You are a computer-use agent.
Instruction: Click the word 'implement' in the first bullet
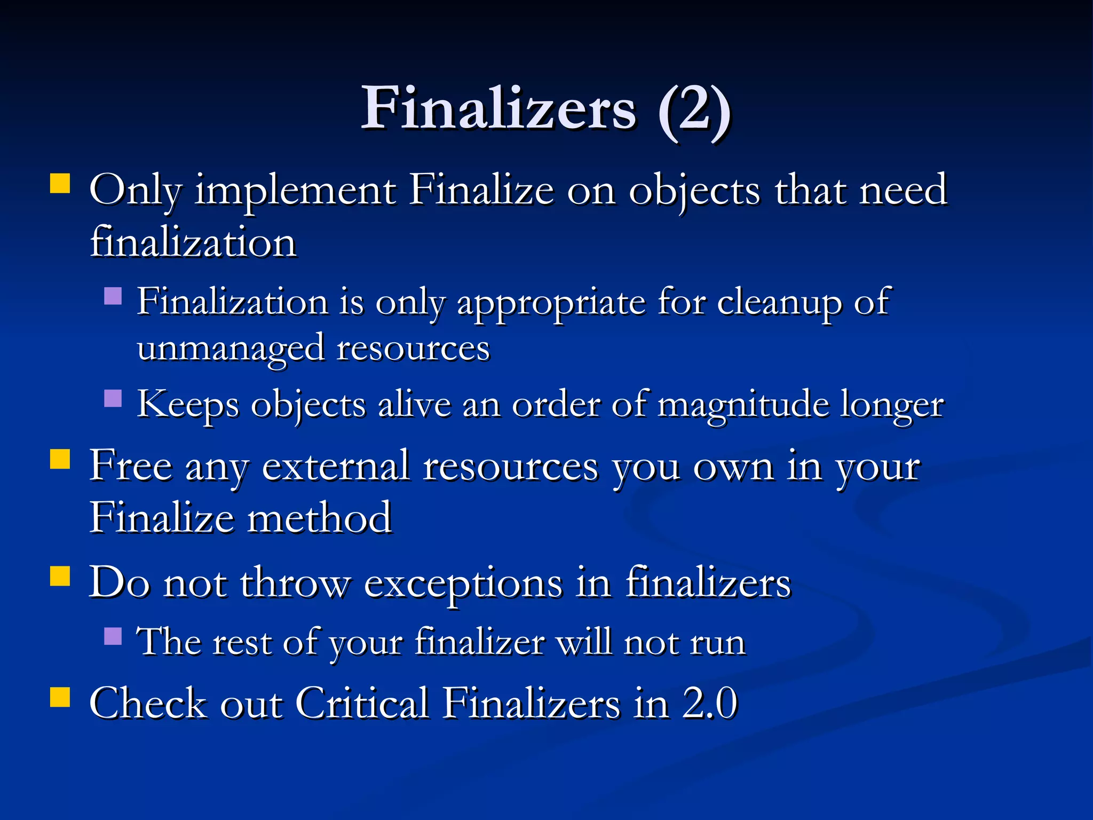295,191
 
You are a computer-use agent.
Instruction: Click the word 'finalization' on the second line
193,242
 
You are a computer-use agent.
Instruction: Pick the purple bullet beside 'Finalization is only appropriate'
113,295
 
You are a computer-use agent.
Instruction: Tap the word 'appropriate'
551,303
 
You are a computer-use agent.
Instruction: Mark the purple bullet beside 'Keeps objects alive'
113,398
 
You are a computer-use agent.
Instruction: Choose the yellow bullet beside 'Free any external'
60,459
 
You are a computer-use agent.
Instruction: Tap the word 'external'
336,467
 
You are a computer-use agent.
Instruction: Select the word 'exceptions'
463,584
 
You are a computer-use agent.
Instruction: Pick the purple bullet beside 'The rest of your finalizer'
113,635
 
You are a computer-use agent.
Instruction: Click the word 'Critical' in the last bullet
362,703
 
